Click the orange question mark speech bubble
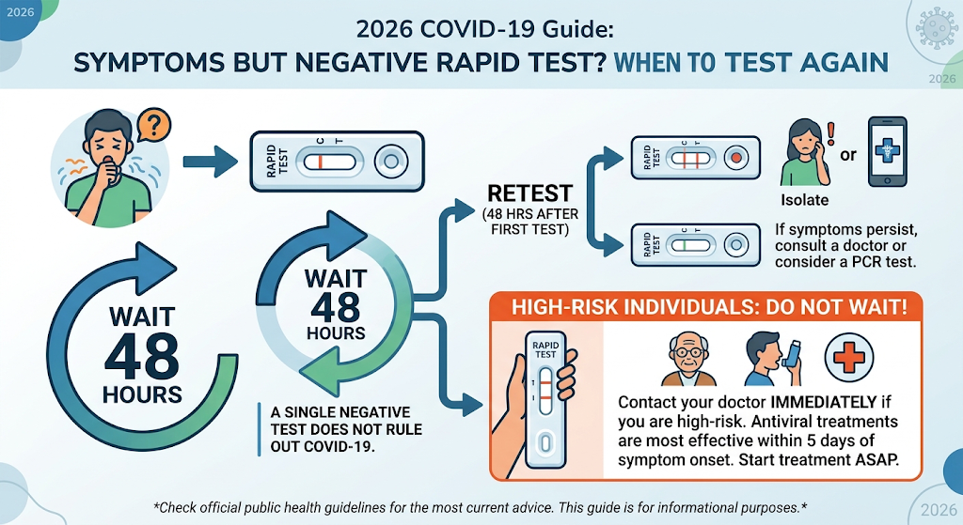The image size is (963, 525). coord(153,125)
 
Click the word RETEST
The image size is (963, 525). coord(530,193)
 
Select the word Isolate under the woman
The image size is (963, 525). coord(805,200)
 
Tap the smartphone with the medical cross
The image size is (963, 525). coord(887,151)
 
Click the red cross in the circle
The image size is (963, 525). coord(849,358)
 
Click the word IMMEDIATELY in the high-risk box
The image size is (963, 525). coord(823,402)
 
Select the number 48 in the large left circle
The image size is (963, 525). coord(142,357)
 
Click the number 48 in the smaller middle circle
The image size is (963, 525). coord(335,307)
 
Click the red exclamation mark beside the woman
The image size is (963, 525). coord(831,133)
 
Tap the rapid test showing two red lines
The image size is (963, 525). coord(695,158)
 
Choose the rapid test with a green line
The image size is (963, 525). coord(695,245)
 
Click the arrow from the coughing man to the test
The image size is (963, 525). coord(210,162)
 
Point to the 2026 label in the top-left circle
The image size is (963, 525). coord(21,12)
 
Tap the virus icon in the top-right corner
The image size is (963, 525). coord(936,28)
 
